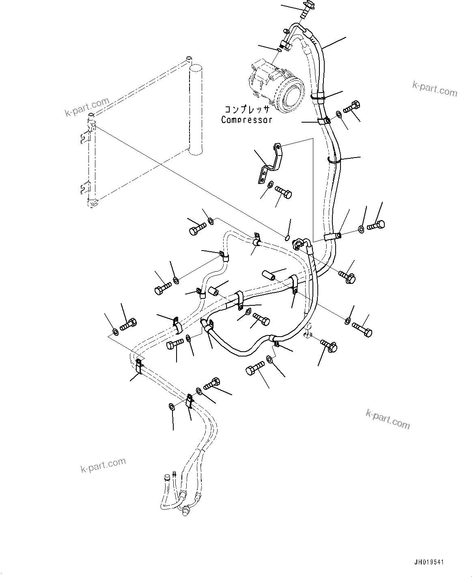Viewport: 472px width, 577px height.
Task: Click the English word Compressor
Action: pyautogui.click(x=246, y=120)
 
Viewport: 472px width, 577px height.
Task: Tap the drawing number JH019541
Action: pyautogui.click(x=430, y=562)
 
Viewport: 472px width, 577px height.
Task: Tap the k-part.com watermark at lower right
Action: pyautogui.click(x=388, y=419)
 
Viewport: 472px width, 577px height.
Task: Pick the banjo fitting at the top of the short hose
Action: pyautogui.click(x=300, y=243)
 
